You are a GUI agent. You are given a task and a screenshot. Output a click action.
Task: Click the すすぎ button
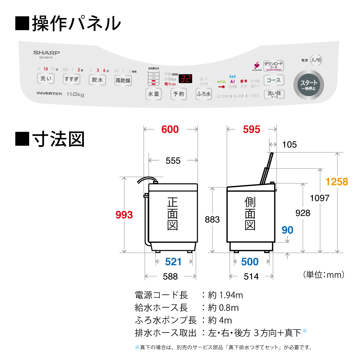71,79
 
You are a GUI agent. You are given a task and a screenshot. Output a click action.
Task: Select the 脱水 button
97,80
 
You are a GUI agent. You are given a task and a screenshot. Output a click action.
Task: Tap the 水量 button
153,94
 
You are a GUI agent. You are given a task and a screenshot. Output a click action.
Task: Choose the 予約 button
179,94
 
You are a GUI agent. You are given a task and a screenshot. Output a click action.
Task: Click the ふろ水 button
204,94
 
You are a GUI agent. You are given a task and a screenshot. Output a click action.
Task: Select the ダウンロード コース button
273,66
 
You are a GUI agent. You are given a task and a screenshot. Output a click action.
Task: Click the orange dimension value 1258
337,182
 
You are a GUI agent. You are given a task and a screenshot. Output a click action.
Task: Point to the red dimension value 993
124,215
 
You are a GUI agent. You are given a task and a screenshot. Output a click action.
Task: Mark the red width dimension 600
170,130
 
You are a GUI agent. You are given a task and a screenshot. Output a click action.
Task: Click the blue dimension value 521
173,262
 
